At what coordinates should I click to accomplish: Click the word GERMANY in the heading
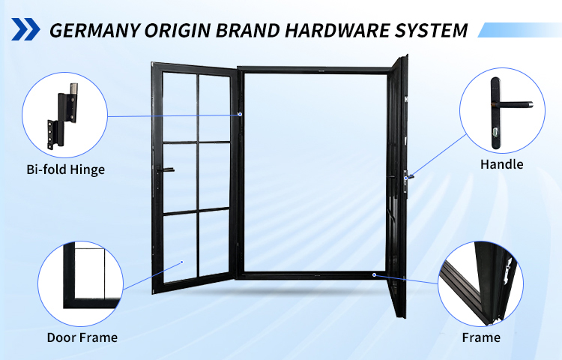point(94,31)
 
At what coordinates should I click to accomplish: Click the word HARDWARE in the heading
point(336,31)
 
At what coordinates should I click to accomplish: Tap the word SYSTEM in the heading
point(431,31)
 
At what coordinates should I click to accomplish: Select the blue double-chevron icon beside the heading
point(25,29)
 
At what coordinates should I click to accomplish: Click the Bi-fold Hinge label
point(66,169)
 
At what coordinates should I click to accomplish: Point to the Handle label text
point(501,164)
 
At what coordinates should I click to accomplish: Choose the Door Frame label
point(82,337)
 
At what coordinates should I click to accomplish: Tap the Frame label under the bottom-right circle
point(481,337)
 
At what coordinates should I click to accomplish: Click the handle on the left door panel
point(165,170)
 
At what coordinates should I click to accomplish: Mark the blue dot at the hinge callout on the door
point(240,115)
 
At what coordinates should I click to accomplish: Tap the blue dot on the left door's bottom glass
point(182,262)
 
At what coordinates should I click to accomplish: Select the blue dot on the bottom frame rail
point(374,275)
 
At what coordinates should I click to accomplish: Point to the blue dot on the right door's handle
point(405,178)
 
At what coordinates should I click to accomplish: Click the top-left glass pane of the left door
point(180,106)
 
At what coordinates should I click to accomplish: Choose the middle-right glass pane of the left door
point(214,175)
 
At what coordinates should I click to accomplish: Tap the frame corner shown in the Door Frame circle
point(70,303)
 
